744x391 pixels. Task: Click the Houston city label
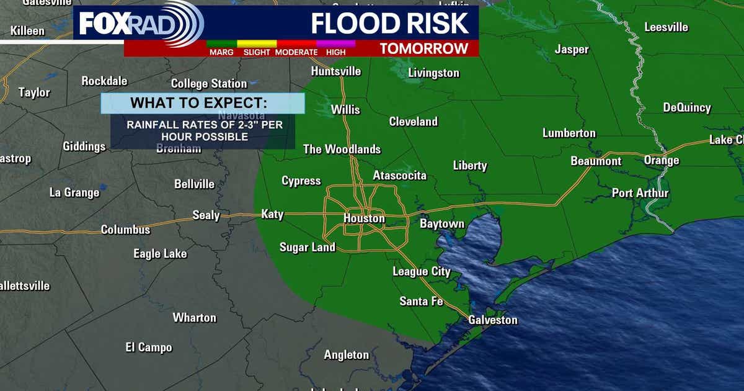tap(364, 218)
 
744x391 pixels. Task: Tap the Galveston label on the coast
tap(493, 320)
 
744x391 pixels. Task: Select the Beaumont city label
tap(596, 161)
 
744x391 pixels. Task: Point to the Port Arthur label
tap(640, 193)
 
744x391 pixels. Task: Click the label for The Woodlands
tap(342, 150)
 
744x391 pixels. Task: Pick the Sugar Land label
tap(307, 247)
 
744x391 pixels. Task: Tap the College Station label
tap(209, 84)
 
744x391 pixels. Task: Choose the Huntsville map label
tap(335, 71)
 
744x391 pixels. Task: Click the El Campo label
tap(148, 348)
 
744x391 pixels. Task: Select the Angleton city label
tap(346, 355)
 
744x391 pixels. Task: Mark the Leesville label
tap(666, 27)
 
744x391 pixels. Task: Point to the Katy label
tap(272, 214)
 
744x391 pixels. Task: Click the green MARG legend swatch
tap(221, 44)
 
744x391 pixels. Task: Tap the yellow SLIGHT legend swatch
tap(257, 44)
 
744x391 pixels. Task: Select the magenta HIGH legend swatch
tap(335, 44)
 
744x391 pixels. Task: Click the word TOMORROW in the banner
tap(423, 48)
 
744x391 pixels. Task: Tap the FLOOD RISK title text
tap(389, 23)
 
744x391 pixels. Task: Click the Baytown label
tap(442, 223)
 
